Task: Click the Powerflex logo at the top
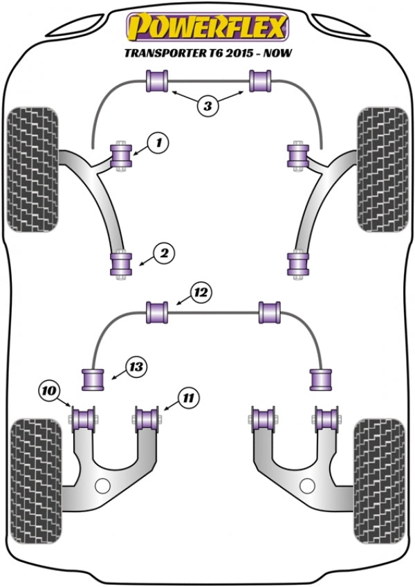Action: (206, 28)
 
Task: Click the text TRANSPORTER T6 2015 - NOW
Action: (206, 53)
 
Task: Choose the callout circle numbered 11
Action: (188, 397)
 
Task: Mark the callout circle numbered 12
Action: (201, 293)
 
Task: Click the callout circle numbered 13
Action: (136, 367)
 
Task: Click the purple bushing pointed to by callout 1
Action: (122, 154)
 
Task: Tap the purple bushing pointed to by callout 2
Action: (121, 264)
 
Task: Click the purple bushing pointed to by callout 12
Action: (158, 311)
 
